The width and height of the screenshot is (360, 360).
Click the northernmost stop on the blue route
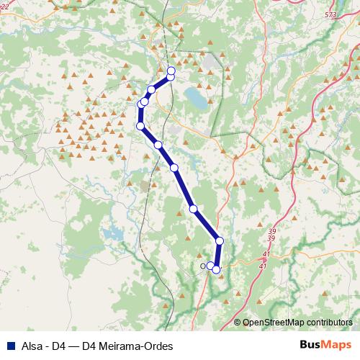171,71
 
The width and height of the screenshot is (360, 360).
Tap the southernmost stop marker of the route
216,270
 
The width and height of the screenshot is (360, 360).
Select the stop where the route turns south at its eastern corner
220,240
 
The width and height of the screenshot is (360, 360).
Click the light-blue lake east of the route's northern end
194,96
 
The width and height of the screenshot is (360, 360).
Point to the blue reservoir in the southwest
113,233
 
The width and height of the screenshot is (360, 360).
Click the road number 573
330,14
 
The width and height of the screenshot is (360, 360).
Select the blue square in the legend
7,345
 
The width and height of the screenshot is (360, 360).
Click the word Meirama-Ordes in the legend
135,345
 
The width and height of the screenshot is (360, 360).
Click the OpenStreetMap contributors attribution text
297,323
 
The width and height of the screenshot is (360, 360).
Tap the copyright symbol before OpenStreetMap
238,323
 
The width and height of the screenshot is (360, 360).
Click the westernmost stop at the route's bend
140,126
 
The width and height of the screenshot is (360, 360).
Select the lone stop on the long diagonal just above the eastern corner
193,209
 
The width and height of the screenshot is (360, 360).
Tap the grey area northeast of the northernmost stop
210,63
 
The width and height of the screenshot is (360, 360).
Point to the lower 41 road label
262,266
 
